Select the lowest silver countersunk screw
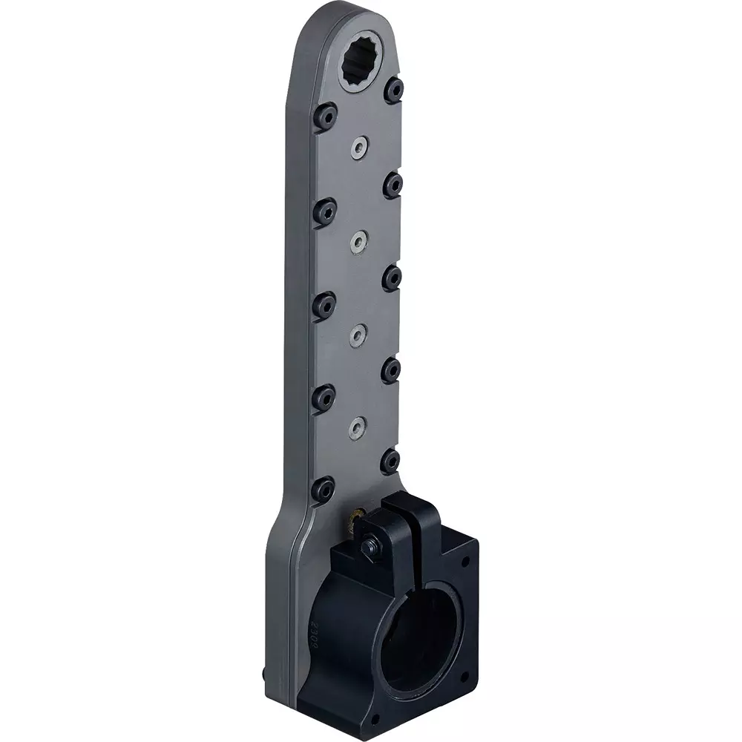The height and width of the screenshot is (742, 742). coord(358,426)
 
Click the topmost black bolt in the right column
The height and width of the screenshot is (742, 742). coord(394,91)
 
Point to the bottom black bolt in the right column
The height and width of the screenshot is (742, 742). coord(390,462)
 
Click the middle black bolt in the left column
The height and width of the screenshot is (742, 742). coord(324,305)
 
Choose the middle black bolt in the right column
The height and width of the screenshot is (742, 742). coord(392,278)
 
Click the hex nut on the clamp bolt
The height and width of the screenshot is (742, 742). coord(369,547)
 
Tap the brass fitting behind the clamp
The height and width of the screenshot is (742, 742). coord(355,519)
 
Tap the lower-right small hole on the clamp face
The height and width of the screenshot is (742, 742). coord(464,677)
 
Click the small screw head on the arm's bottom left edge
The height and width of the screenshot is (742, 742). coord(266,674)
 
